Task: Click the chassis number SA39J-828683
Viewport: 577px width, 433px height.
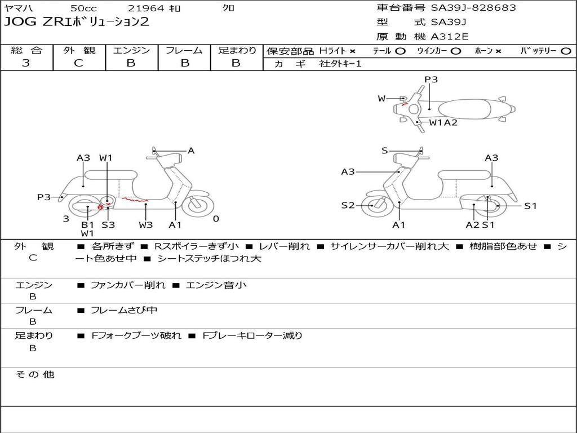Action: (x=473, y=8)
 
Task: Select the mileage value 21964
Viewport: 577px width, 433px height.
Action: (x=146, y=8)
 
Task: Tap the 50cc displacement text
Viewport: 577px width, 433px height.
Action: (x=83, y=8)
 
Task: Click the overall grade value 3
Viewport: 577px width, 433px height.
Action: (x=26, y=63)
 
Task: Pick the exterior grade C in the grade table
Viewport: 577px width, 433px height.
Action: (x=79, y=63)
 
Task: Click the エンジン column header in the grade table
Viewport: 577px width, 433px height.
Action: (x=131, y=50)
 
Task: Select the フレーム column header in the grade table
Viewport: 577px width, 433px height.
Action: (x=184, y=50)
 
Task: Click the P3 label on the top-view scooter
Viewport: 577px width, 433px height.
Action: (x=431, y=79)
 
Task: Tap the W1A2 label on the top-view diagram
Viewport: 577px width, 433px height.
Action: (x=443, y=122)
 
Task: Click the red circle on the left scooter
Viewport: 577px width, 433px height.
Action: (x=100, y=207)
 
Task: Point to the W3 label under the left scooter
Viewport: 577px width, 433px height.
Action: (x=146, y=224)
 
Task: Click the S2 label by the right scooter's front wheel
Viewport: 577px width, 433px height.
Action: (x=348, y=205)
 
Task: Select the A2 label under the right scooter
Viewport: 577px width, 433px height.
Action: (x=472, y=224)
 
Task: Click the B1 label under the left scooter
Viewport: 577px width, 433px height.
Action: (x=87, y=224)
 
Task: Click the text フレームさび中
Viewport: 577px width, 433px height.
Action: (x=124, y=310)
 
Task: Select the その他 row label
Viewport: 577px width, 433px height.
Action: (x=34, y=374)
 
